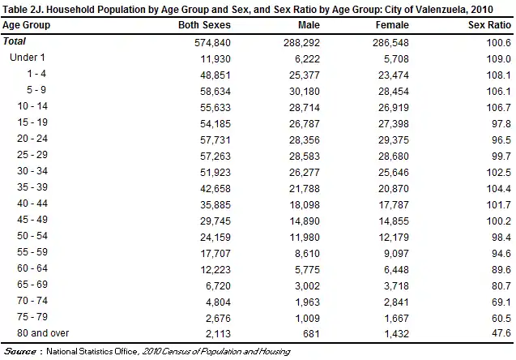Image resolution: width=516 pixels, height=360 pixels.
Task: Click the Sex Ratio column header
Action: (488, 25)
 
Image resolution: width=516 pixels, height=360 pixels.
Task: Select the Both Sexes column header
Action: (205, 25)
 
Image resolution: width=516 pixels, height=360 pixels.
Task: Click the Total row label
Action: (15, 41)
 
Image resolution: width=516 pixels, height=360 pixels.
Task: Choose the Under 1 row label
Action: (27, 58)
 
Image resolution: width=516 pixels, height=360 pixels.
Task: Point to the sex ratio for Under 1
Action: (499, 58)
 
